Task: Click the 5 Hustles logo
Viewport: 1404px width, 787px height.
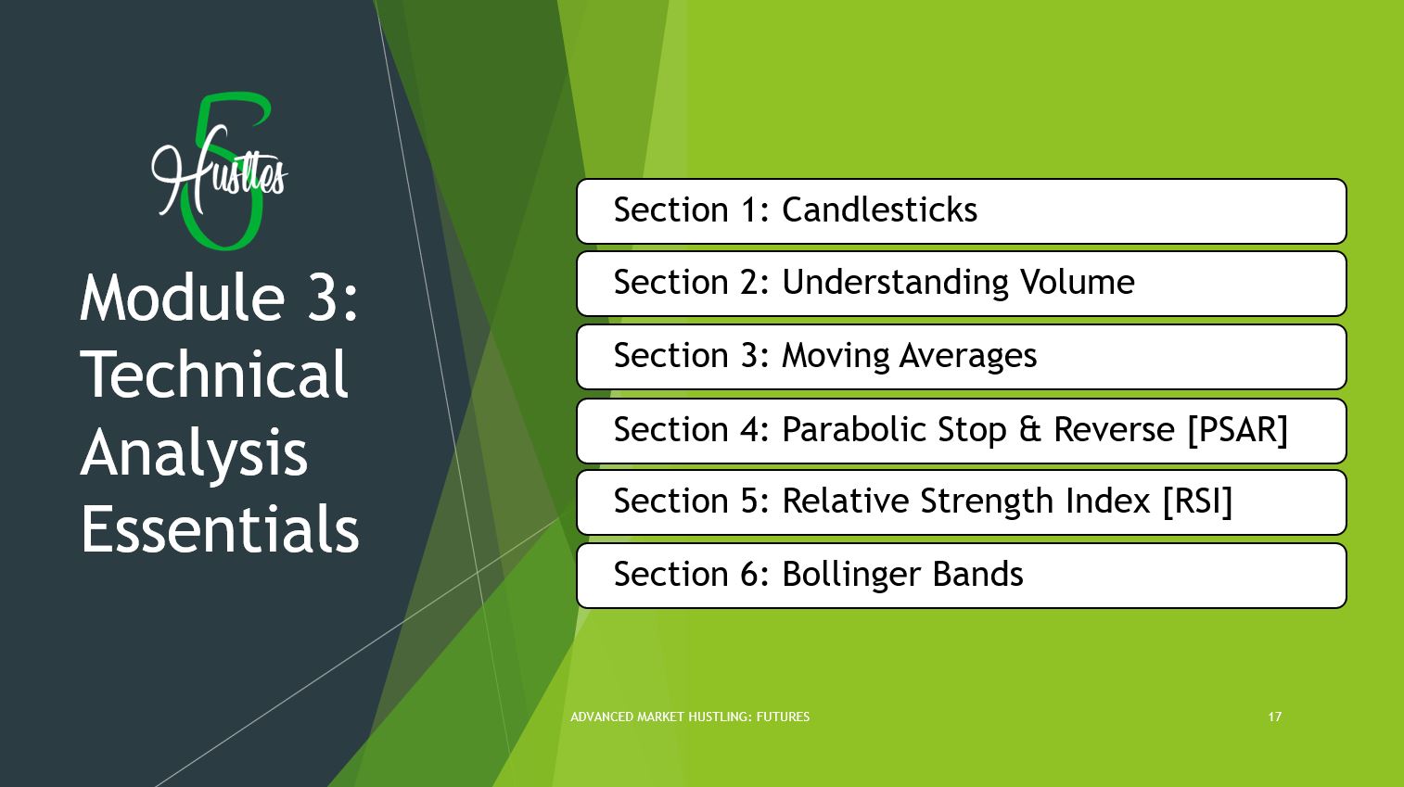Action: click(219, 171)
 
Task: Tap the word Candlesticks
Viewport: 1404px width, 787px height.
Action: click(879, 209)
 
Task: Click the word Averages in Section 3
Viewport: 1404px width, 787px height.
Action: click(968, 355)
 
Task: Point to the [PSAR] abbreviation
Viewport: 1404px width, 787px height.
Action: click(1238, 430)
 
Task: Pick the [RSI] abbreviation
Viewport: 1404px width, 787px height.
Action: click(1198, 501)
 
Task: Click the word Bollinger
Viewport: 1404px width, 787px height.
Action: click(852, 575)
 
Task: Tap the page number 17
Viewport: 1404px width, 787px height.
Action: click(1275, 717)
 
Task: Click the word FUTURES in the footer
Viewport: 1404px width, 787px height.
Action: click(783, 717)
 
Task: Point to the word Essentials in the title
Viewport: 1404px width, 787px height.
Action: click(220, 528)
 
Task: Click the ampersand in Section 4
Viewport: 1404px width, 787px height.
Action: click(1030, 429)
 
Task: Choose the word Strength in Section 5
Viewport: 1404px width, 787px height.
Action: click(987, 501)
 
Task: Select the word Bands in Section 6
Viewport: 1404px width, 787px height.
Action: click(977, 574)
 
